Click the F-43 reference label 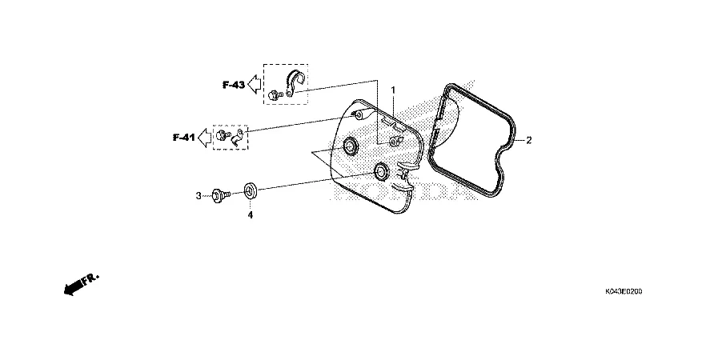[x=233, y=85]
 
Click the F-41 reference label [x=184, y=138]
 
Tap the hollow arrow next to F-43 [x=255, y=84]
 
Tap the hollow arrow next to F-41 [x=205, y=138]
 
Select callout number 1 [x=393, y=90]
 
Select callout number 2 [x=528, y=140]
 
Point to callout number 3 [x=199, y=196]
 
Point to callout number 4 [x=250, y=215]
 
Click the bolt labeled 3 [x=221, y=195]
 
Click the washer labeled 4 [x=251, y=190]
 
